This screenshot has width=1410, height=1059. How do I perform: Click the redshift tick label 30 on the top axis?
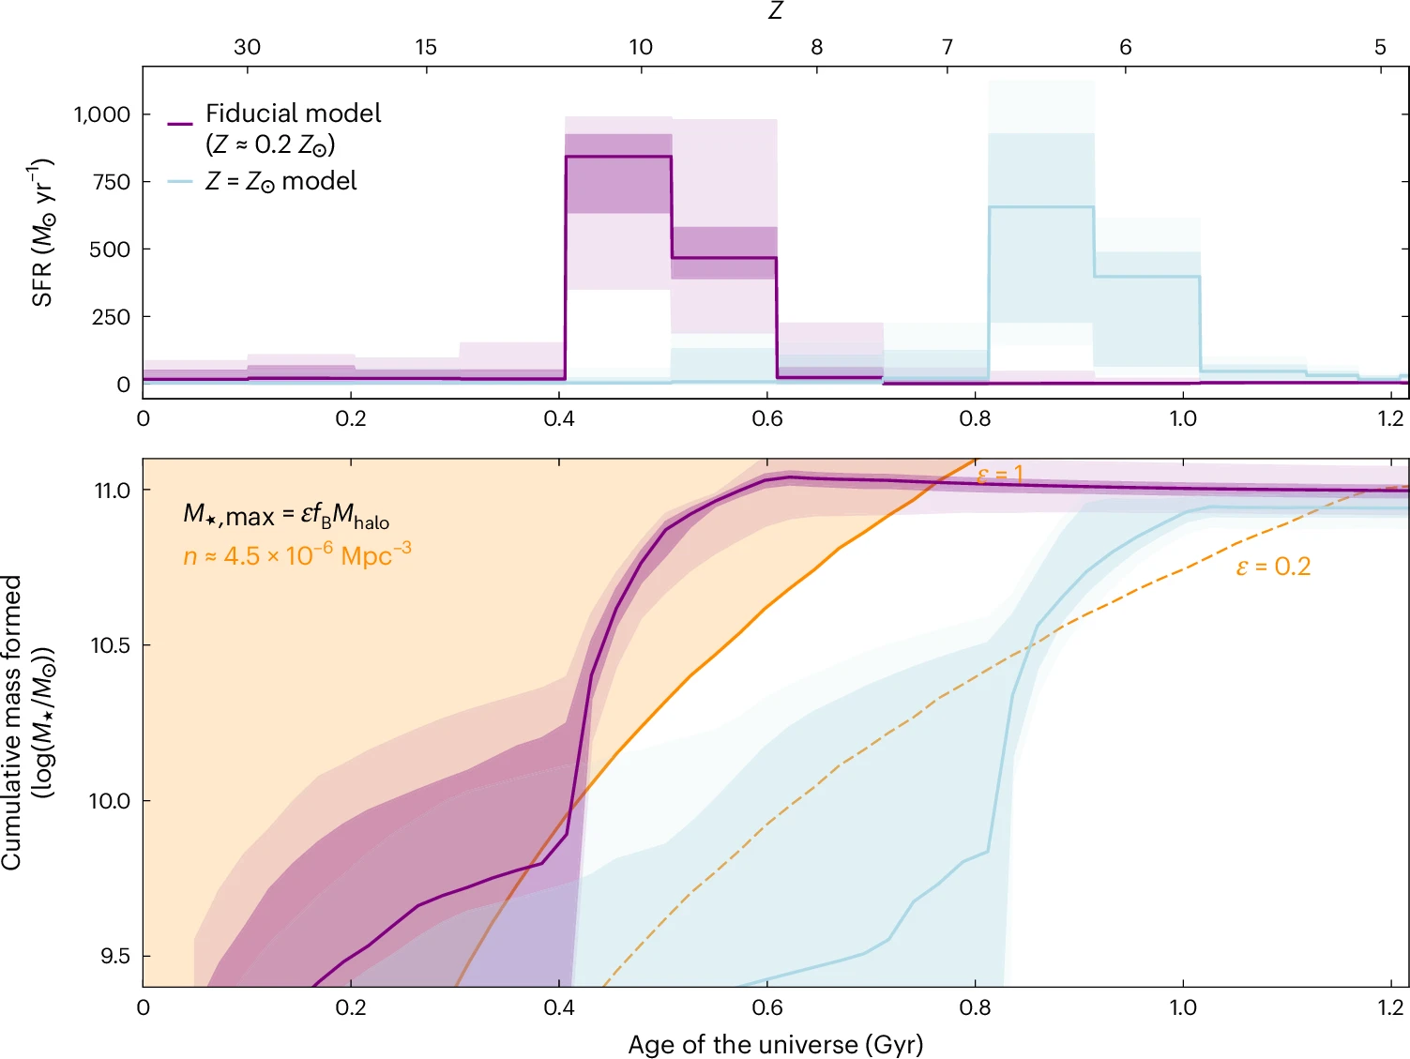click(247, 47)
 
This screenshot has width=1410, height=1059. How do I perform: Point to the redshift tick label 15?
click(426, 47)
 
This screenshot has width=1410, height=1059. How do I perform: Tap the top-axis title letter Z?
click(775, 11)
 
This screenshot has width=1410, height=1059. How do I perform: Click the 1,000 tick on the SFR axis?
click(101, 114)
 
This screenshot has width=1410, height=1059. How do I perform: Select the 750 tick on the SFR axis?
click(111, 182)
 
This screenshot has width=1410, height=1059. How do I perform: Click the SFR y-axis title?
click(42, 233)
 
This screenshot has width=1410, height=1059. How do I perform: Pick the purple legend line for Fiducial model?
click(180, 124)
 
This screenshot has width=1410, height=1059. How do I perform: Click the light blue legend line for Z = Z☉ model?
click(180, 181)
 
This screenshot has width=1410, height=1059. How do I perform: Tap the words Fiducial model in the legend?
click(293, 113)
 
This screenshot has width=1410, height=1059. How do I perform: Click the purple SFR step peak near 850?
click(618, 157)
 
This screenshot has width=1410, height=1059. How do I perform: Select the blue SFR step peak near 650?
click(1041, 207)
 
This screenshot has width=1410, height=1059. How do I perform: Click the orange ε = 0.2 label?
click(1273, 567)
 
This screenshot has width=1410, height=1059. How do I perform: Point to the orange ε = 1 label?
click(1000, 476)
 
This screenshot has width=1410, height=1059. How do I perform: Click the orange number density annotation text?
click(296, 555)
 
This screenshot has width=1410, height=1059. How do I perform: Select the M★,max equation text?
click(285, 515)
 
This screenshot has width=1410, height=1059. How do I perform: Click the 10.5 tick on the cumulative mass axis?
click(110, 645)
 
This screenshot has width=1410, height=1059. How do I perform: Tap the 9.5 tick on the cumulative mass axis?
click(114, 956)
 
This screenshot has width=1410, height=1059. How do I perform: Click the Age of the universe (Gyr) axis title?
click(775, 1044)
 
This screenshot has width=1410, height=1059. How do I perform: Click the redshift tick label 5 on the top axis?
click(1380, 47)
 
